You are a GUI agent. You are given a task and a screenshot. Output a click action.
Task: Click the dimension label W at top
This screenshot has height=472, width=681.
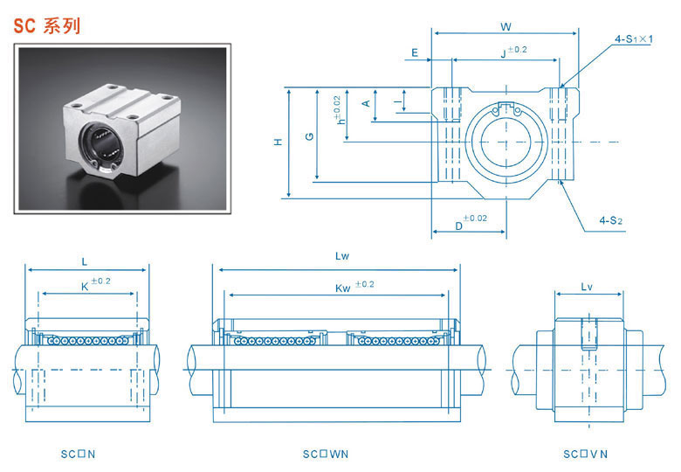pyautogui.click(x=506, y=25)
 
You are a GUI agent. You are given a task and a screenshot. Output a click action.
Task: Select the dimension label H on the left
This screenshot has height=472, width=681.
pyautogui.click(x=278, y=142)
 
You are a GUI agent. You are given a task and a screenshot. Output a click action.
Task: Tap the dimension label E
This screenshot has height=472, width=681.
pyautogui.click(x=416, y=52)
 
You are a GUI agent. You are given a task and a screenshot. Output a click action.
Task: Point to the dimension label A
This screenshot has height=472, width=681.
pyautogui.click(x=367, y=103)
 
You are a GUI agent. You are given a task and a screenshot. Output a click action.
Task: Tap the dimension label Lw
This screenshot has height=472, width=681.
pyautogui.click(x=341, y=257)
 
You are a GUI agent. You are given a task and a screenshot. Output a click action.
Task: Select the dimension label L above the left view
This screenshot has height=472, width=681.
pyautogui.click(x=84, y=260)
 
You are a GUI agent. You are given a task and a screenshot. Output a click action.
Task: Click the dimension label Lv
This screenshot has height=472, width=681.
pyautogui.click(x=587, y=286)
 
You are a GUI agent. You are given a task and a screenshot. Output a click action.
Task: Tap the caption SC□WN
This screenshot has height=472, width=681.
pyautogui.click(x=326, y=454)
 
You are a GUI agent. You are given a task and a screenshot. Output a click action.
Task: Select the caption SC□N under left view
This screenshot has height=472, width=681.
pyautogui.click(x=78, y=454)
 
